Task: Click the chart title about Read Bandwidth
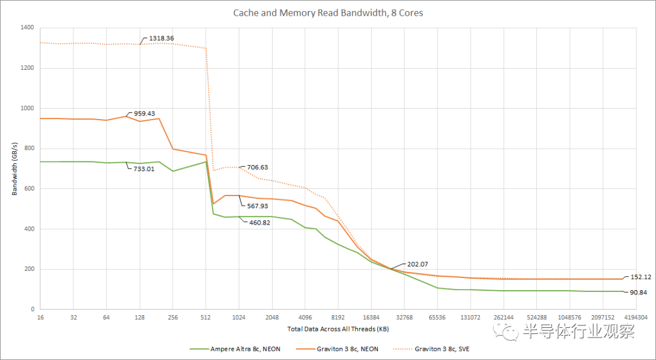328,13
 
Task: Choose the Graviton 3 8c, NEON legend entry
347,349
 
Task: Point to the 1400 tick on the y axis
27,28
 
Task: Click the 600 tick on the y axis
29,189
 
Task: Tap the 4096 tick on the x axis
305,318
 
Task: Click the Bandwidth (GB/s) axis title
14,169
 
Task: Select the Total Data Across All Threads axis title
338,329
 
